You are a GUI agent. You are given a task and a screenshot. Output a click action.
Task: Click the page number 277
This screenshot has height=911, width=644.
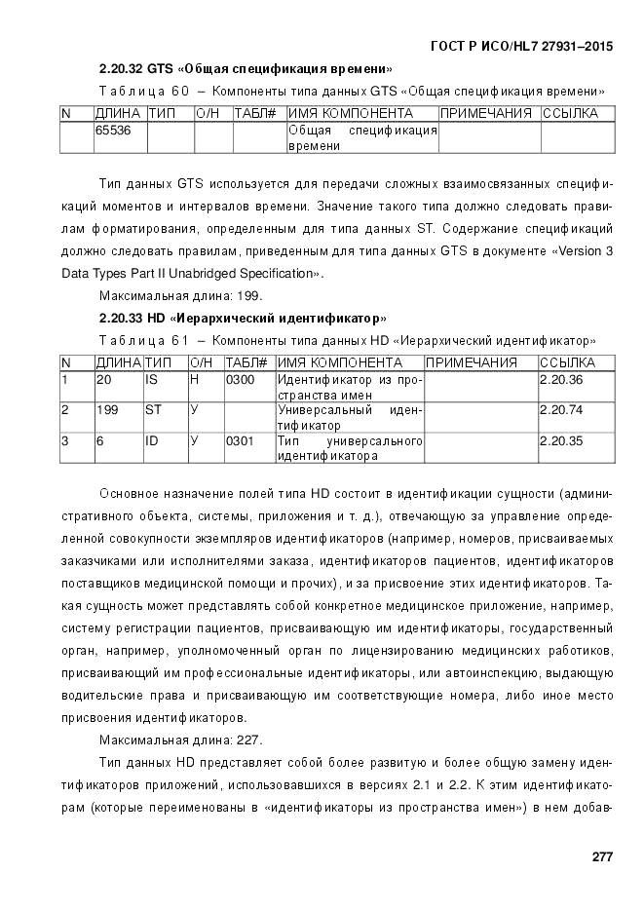(x=601, y=856)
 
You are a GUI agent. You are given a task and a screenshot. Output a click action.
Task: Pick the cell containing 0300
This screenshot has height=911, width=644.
(x=239, y=379)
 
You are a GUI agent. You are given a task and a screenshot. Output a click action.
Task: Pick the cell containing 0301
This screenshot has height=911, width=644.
(x=239, y=441)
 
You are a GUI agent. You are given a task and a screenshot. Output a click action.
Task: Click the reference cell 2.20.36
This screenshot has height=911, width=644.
(x=560, y=379)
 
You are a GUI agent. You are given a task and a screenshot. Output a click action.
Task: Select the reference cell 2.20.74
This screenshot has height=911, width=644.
(x=560, y=410)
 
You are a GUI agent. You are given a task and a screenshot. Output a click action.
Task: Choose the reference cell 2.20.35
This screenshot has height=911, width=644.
(x=560, y=441)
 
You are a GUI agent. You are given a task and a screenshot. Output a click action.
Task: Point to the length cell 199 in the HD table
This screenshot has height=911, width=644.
(x=106, y=410)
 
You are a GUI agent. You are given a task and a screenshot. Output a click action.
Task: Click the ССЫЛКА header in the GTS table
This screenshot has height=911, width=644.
(x=571, y=114)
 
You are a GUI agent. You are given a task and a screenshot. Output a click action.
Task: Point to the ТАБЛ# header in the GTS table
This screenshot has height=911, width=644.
(x=256, y=114)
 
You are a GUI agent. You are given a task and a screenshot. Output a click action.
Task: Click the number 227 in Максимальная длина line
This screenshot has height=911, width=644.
(x=248, y=740)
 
